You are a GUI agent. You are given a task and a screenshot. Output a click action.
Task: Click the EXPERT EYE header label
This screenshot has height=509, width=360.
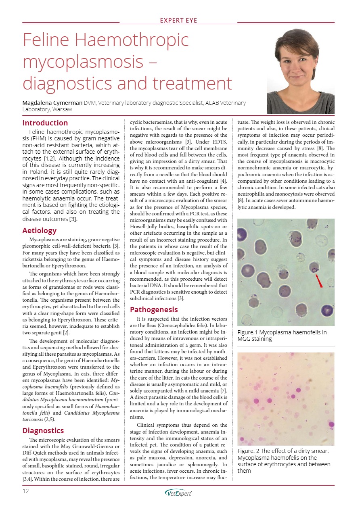tap(178, 20)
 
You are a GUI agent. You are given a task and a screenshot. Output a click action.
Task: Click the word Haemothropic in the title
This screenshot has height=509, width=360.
tap(131, 40)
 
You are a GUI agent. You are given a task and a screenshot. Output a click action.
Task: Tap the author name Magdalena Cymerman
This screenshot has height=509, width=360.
tap(52, 103)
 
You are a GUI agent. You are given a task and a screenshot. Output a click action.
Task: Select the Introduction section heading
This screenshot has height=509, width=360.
tap(45, 123)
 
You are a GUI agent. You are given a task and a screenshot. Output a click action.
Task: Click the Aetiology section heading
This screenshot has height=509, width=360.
tap(40, 231)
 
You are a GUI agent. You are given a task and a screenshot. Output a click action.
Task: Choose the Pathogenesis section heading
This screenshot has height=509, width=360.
tap(154, 310)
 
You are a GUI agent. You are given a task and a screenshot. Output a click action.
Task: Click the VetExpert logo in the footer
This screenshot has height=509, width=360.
tap(178, 492)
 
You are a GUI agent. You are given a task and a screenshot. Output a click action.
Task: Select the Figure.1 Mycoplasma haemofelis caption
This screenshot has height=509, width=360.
tap(282, 336)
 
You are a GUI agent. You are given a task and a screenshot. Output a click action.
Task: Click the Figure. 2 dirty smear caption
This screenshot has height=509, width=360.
tap(284, 461)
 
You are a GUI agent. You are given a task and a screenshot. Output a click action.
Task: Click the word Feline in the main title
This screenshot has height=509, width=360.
tap(46, 40)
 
